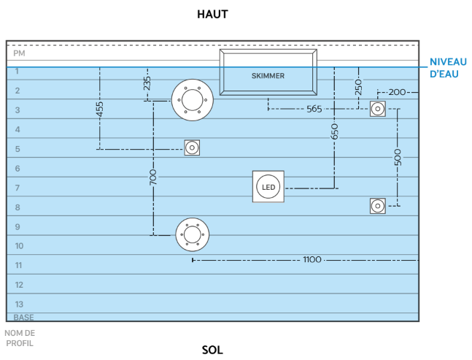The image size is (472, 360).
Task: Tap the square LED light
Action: coord(268,187)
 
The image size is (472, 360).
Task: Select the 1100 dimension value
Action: coord(312,259)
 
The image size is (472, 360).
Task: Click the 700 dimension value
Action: coord(153,178)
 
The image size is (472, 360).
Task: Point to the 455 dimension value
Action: coord(100,110)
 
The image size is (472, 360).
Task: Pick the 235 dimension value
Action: coord(147,84)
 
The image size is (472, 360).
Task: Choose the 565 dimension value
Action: coord(314,109)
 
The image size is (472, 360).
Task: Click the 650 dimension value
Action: coord(334,131)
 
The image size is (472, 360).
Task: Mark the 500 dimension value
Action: coord(398,158)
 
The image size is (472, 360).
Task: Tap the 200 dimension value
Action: coord(397,92)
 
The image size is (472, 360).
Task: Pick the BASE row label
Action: coord(23,317)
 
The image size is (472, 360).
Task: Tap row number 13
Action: coord(19,304)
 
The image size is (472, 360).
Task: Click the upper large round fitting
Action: coord(192,99)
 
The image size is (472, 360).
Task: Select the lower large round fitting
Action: coord(192,234)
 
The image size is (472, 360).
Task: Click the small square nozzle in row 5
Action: coord(192,148)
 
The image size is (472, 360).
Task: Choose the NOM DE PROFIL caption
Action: coord(19,337)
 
